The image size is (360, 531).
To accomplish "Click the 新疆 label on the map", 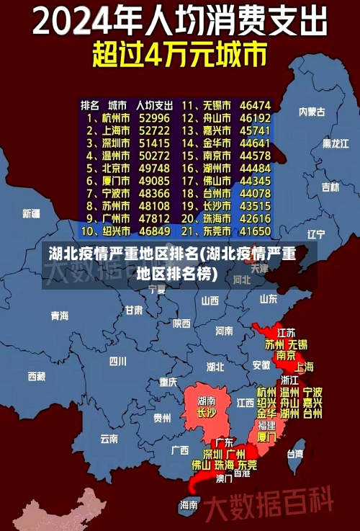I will pos(31,213).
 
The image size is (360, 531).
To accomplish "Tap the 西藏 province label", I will pos(37,375).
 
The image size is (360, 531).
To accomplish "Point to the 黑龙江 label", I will pos(334,143).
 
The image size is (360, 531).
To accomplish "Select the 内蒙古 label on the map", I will pos(312,112).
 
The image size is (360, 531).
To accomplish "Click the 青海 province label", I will pos(60,316).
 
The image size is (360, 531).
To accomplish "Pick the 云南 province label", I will pos(109,437).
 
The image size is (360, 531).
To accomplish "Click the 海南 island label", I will pos(189,504).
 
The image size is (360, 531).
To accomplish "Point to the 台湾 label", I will pos(295,454).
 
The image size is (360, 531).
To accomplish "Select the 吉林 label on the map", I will pos(330,187).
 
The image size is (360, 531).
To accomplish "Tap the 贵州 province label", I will pos(162,417).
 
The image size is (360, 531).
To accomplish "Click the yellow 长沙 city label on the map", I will pos(206,413).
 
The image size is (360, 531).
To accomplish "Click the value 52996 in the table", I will pos(155,117).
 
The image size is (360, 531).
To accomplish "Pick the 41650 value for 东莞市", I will pos(255,231).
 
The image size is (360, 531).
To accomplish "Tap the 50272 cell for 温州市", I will pos(155,155).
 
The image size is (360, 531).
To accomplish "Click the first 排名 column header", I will pos(89,105).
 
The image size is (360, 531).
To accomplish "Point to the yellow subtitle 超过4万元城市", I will pos(179,54).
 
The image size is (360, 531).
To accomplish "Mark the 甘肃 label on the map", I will pos(134,310).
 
